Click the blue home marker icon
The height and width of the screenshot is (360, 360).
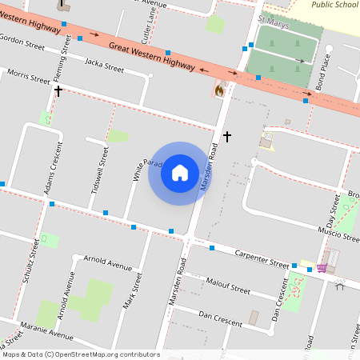click(179, 172)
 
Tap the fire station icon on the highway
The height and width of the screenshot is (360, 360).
click(218, 90)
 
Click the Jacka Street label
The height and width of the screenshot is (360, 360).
click(104, 65)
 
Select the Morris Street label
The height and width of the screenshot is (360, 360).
click(28, 76)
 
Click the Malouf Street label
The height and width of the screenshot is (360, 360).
click(228, 286)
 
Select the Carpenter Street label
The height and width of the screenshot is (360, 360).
click(262, 258)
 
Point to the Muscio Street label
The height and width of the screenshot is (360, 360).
click(339, 235)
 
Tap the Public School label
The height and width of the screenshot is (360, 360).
click(334, 4)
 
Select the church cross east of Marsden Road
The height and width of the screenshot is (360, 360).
click(227, 137)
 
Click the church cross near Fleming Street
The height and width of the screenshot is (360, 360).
click(58, 91)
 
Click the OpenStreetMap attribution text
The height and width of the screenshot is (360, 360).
click(80, 354)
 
